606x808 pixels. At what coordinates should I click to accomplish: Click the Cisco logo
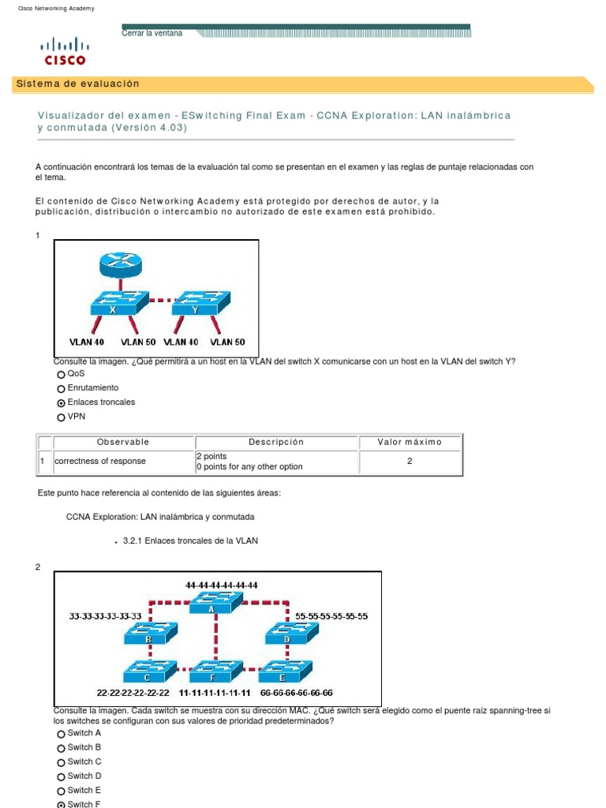65,50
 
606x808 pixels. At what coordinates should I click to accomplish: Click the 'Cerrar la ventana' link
152,33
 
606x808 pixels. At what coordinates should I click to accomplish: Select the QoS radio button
61,374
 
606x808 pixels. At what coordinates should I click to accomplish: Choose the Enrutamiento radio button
61,388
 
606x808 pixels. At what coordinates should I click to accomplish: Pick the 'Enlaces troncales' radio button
61,402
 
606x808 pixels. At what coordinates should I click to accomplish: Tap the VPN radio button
61,417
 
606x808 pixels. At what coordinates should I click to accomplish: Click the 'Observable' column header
122,442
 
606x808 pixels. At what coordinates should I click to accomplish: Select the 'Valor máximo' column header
410,442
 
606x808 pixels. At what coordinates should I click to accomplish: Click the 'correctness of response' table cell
99,461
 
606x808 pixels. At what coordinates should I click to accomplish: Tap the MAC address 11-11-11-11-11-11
215,693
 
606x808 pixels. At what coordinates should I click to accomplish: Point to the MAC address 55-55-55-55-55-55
331,615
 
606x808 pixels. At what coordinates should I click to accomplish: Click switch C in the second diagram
148,671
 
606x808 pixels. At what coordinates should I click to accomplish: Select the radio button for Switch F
61,804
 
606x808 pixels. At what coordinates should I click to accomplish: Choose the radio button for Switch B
61,747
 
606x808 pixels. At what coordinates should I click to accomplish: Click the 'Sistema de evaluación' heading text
77,84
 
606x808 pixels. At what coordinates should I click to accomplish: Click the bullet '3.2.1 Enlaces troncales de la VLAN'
190,541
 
